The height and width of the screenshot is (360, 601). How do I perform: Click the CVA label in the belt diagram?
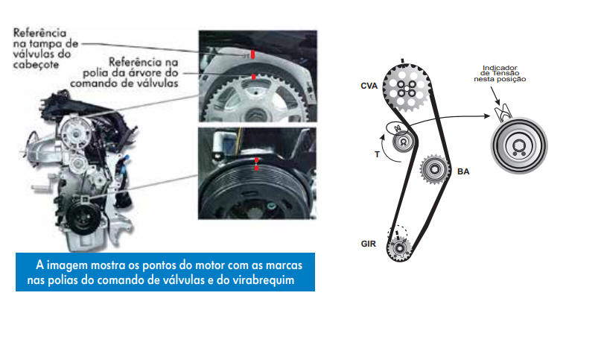[369, 86]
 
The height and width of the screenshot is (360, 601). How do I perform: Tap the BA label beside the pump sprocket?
[463, 171]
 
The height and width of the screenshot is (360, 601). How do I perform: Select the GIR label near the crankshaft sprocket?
[369, 244]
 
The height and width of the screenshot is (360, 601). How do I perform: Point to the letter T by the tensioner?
[377, 154]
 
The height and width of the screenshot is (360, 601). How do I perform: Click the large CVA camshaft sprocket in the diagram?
[407, 88]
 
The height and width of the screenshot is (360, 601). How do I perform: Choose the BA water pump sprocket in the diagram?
[434, 169]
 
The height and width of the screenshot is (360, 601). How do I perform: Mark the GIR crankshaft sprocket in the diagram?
[399, 247]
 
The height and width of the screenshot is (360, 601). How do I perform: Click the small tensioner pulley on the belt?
[403, 141]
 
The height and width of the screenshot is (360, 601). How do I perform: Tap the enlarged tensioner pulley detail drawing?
[519, 145]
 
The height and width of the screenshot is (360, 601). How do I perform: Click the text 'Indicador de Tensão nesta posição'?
[500, 74]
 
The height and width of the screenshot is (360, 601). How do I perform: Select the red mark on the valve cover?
[252, 54]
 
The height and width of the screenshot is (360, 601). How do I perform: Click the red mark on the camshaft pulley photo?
[254, 78]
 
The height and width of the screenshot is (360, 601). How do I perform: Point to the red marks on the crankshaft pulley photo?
[256, 164]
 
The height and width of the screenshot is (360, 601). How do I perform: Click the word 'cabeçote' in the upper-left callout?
[36, 65]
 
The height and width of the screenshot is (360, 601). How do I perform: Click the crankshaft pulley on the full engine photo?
[82, 218]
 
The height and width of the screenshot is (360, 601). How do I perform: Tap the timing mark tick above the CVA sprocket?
[402, 60]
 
